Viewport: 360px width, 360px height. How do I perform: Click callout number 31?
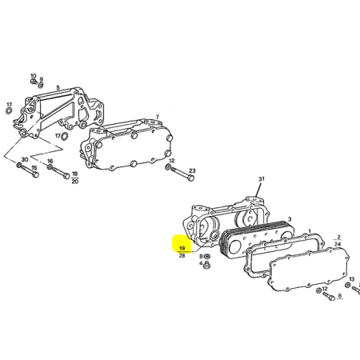coord(262,179)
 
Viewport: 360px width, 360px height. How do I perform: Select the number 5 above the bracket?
coord(58,87)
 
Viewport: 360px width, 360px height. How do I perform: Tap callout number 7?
coord(158,117)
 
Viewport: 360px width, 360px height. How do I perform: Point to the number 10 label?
coord(33,76)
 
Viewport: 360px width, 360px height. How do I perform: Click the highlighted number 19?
coord(182,248)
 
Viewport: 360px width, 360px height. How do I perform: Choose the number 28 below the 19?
coord(182,255)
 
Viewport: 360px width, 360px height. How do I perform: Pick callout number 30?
coord(25,159)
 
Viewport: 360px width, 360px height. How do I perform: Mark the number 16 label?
coord(50,161)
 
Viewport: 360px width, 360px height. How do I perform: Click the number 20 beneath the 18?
coord(75,182)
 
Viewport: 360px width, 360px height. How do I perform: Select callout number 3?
coord(290,219)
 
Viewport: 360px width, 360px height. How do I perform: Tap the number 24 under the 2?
coord(338,244)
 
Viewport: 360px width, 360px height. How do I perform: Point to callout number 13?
coord(352,279)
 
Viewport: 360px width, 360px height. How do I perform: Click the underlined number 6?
coord(340,295)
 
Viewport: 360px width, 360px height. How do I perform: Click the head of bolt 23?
coord(190,178)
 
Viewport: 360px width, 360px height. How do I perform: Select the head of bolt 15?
coord(36,174)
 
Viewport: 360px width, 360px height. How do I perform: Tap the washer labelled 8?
coord(206,257)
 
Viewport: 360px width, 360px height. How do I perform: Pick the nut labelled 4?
coord(206,265)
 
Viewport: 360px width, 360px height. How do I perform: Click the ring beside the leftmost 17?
coord(9,110)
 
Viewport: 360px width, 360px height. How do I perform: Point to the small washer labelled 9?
coord(41,86)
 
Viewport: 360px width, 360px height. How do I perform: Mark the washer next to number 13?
coord(348,285)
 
